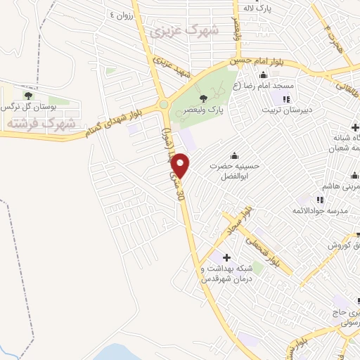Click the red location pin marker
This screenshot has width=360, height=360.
click(181, 165)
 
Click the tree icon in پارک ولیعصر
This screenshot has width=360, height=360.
click(204, 98)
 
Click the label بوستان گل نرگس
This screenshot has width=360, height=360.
click(27, 106)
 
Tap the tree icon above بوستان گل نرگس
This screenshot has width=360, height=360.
click(28, 94)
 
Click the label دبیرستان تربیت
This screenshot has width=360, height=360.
click(285, 110)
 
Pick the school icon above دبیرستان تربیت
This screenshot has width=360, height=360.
click(286, 98)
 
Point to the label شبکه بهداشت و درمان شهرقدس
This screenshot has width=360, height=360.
click(227, 274)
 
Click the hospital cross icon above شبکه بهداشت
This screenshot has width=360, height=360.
click(226, 257)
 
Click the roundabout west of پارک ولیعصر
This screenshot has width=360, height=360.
click(164, 105)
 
